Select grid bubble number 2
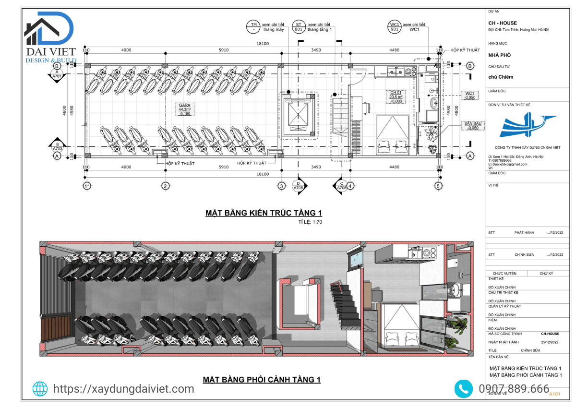click(x=165, y=186)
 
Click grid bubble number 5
click(x=438, y=186)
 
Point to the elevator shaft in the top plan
click(x=299, y=115)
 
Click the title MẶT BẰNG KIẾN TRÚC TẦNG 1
click(x=263, y=213)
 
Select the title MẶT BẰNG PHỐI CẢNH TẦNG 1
click(x=262, y=380)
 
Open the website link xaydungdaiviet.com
click(x=123, y=389)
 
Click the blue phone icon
click(x=463, y=389)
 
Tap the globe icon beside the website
click(x=40, y=389)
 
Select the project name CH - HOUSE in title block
click(x=503, y=23)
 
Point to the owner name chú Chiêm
click(x=501, y=77)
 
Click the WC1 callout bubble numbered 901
click(x=395, y=27)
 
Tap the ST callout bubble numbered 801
click(x=299, y=27)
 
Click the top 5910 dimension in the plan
click(x=224, y=50)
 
